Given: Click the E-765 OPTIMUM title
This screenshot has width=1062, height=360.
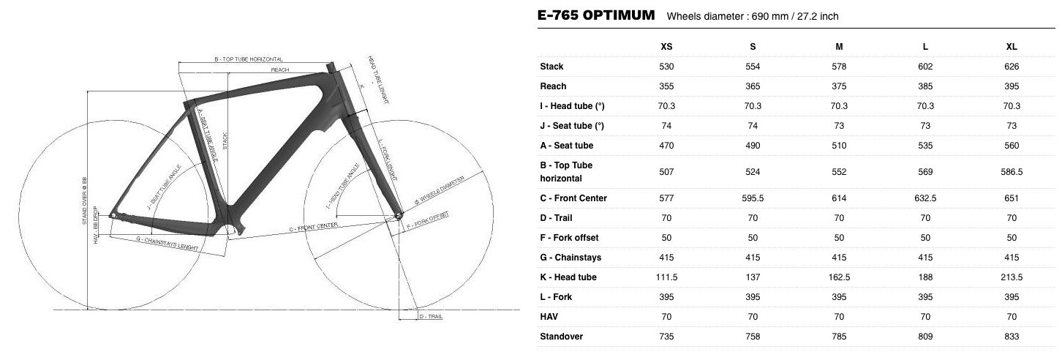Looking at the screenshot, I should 596,15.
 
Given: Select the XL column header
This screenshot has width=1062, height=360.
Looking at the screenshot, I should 1012,46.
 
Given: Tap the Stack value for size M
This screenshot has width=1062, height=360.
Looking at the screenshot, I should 839,67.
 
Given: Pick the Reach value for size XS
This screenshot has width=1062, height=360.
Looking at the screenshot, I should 666,86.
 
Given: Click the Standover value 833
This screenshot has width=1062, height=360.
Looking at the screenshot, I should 1012,337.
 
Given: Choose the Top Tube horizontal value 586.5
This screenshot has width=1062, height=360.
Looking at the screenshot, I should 1012,172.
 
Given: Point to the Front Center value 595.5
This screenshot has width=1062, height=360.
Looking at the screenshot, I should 753,198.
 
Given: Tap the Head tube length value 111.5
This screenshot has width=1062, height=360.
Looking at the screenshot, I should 666,277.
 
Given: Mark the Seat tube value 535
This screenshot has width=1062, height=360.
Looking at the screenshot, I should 925,146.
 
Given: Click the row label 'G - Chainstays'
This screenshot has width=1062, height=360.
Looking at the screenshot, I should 570,258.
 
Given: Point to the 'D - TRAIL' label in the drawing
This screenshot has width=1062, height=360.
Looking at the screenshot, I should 430,317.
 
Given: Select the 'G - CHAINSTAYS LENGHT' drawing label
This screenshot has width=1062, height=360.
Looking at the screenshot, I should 167,243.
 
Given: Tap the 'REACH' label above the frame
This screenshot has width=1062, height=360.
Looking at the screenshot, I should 279,70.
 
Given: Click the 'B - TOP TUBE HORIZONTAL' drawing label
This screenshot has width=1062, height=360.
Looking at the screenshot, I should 249,59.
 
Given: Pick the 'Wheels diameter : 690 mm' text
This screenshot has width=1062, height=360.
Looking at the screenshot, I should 757,16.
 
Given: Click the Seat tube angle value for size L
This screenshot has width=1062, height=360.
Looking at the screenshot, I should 925,126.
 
